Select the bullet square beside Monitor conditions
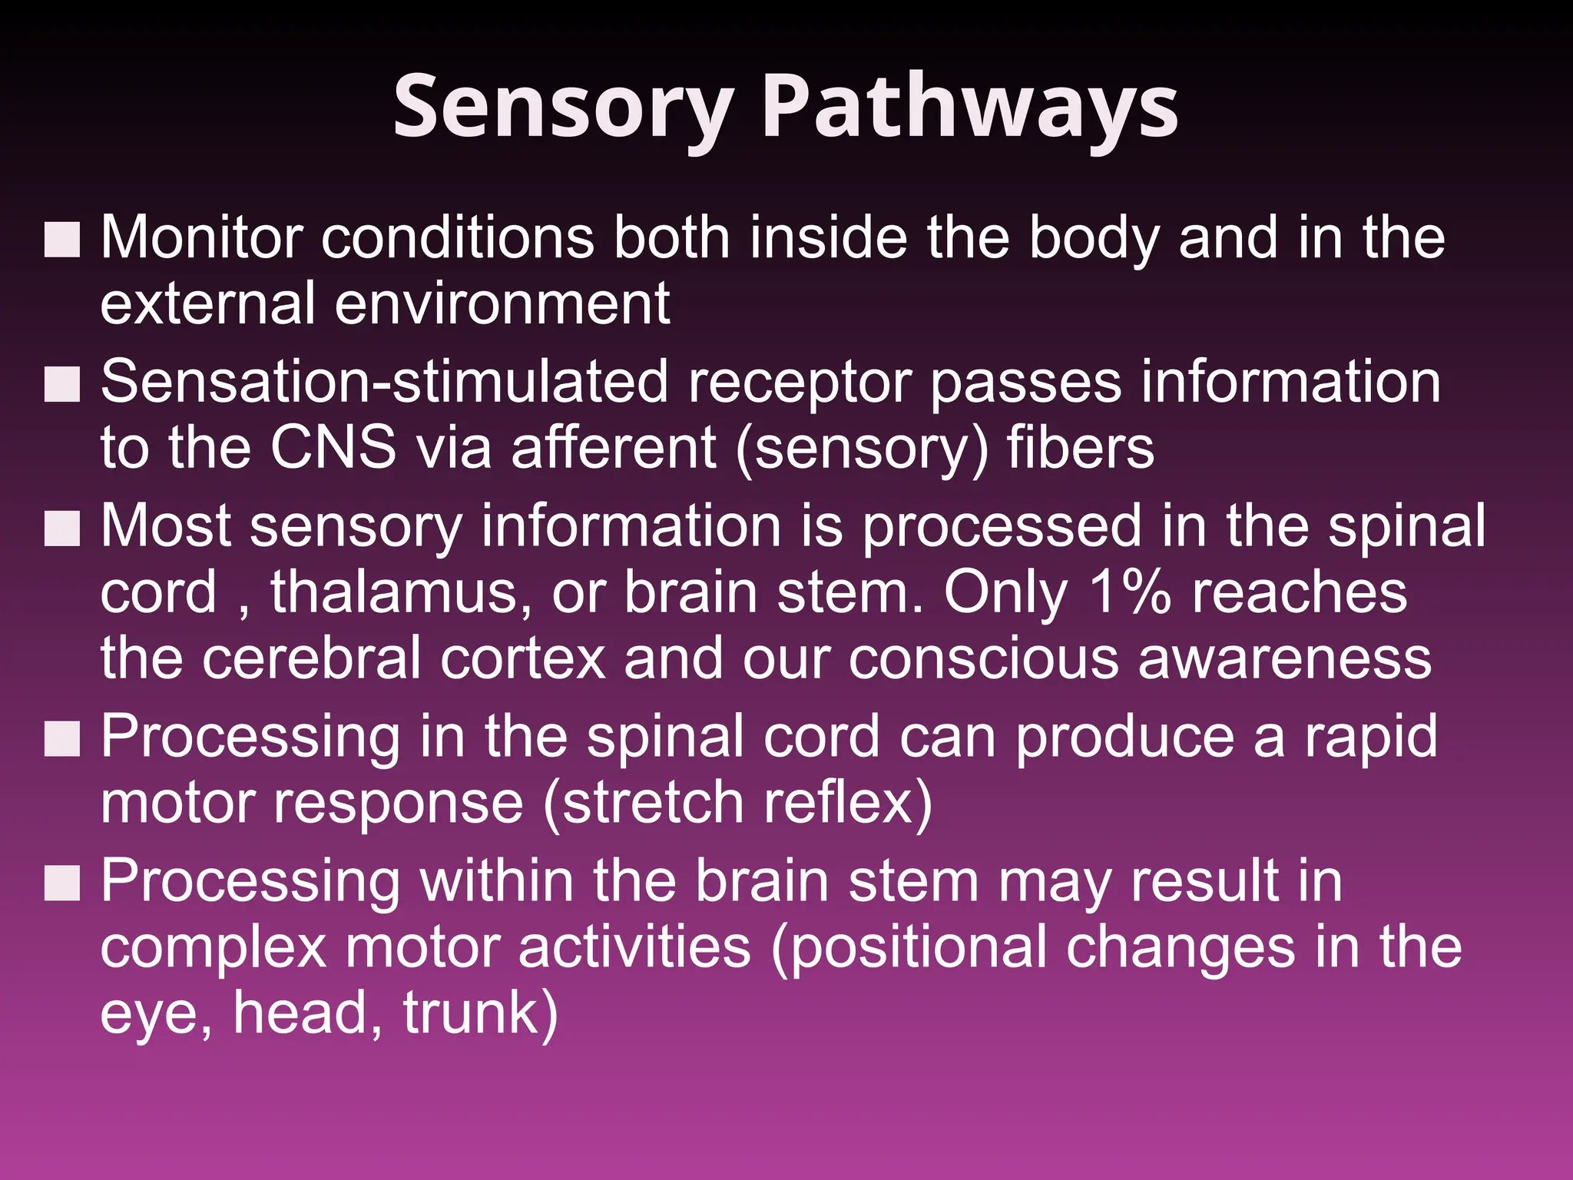62,240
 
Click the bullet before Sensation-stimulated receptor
62,384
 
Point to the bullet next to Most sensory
62,528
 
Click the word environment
502,303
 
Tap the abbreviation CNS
333,447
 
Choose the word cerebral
311,658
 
